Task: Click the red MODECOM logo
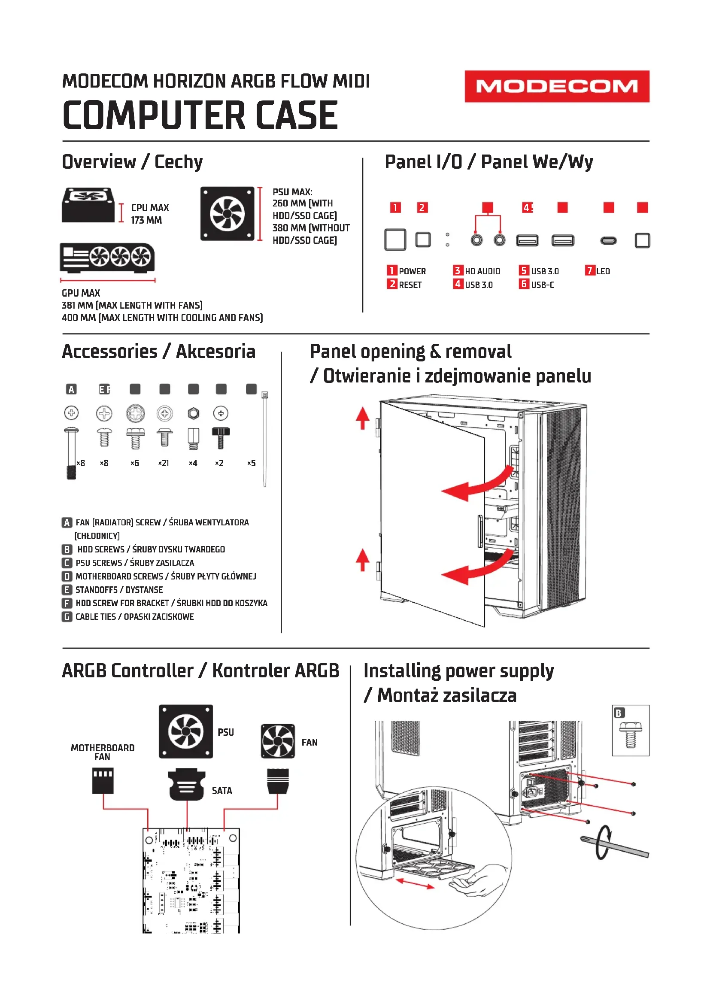(557, 86)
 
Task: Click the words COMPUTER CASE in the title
(200, 115)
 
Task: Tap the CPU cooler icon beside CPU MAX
(88, 205)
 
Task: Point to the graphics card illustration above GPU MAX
(107, 258)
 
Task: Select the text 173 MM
(146, 220)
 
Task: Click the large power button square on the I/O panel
(395, 240)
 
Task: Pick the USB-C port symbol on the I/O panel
(608, 240)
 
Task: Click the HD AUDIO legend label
(482, 272)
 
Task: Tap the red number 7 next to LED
(589, 271)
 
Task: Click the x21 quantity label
(164, 463)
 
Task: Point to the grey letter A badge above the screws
(71, 389)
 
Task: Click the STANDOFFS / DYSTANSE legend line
(119, 590)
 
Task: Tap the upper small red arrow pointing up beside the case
(362, 418)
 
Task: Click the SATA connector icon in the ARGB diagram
(187, 785)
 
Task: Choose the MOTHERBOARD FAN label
(102, 752)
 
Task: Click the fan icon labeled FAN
(278, 741)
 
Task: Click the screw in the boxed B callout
(630, 735)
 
